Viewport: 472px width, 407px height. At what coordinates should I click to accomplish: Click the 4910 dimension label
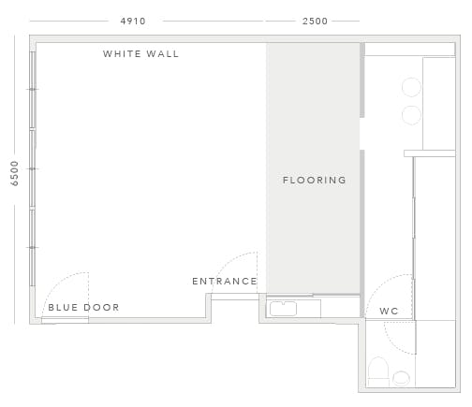point(133,22)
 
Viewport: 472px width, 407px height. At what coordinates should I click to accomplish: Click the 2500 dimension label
point(315,22)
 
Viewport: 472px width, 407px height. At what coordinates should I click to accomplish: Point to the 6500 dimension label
point(14,173)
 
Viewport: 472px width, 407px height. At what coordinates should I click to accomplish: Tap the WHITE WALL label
point(140,54)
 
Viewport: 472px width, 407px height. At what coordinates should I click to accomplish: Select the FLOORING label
point(315,180)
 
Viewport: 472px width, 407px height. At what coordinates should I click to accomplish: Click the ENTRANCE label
point(225,282)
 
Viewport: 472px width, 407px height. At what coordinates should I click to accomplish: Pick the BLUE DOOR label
point(83,308)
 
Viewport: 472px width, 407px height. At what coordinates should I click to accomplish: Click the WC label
point(389,311)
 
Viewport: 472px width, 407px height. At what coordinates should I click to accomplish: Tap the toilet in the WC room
point(378,371)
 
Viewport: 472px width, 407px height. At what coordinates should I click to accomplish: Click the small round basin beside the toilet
point(401,378)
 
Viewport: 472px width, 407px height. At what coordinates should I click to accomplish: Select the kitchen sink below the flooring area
point(283,309)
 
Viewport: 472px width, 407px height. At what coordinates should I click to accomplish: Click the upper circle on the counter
point(411,87)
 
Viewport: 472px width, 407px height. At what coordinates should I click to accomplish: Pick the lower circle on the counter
point(411,115)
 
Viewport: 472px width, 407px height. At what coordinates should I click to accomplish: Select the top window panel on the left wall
point(33,90)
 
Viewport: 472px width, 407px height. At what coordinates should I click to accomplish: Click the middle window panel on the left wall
point(33,168)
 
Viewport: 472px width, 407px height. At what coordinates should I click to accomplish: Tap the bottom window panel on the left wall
point(33,248)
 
